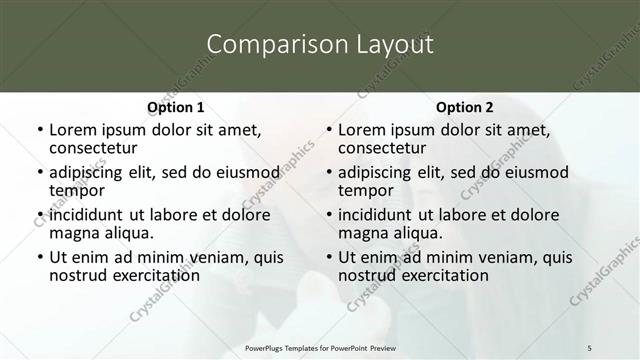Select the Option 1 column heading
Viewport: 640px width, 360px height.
click(175, 107)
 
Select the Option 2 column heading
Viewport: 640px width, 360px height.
click(464, 107)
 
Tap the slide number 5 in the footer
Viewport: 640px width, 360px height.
click(589, 346)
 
